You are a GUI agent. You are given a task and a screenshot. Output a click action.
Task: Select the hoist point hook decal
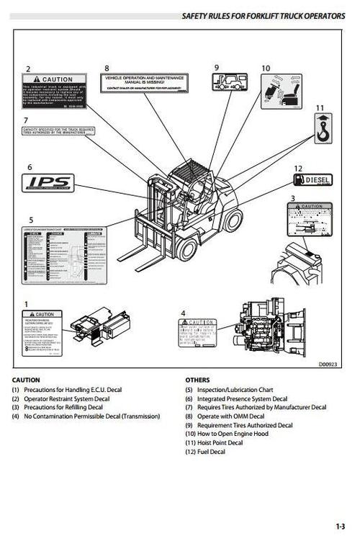click(322, 130)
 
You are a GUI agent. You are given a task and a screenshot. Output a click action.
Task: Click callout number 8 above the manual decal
click(107, 68)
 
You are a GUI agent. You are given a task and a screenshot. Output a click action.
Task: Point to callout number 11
click(320, 107)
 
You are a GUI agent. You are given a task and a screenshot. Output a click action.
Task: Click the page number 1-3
click(340, 527)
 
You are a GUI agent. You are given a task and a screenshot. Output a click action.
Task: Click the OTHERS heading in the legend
click(197, 380)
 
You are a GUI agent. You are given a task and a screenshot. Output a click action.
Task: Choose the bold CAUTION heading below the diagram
click(27, 380)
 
